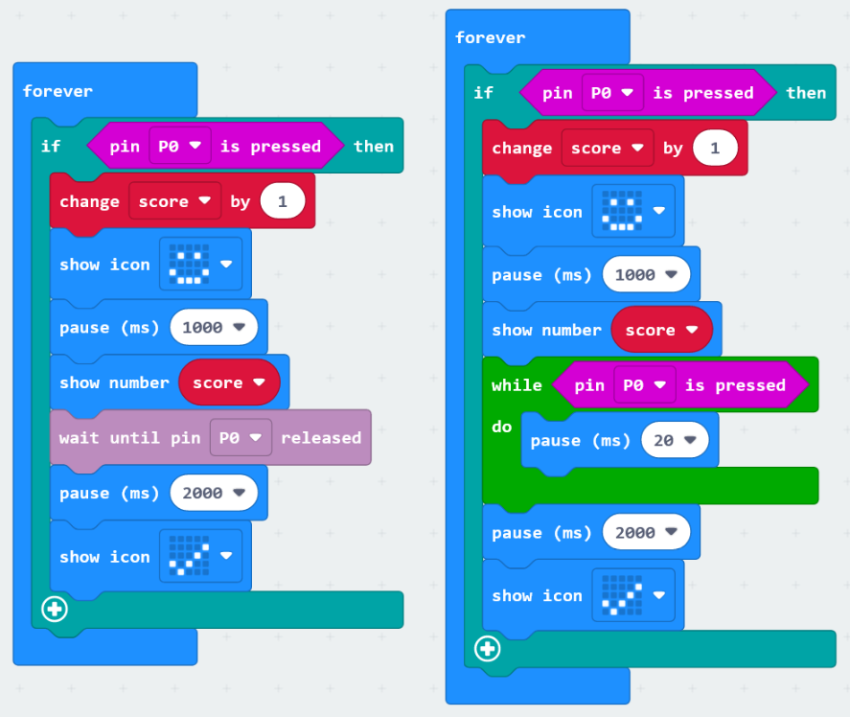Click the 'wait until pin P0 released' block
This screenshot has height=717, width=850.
[x=128, y=438]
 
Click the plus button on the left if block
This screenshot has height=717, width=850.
[x=56, y=609]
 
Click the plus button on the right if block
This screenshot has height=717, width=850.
[x=488, y=649]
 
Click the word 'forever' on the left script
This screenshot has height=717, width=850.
[x=57, y=91]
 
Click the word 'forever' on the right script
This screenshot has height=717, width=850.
[x=490, y=37]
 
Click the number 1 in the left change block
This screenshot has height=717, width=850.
[x=282, y=201]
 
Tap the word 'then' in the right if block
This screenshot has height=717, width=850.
[x=805, y=93]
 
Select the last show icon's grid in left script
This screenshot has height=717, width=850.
[x=189, y=556]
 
